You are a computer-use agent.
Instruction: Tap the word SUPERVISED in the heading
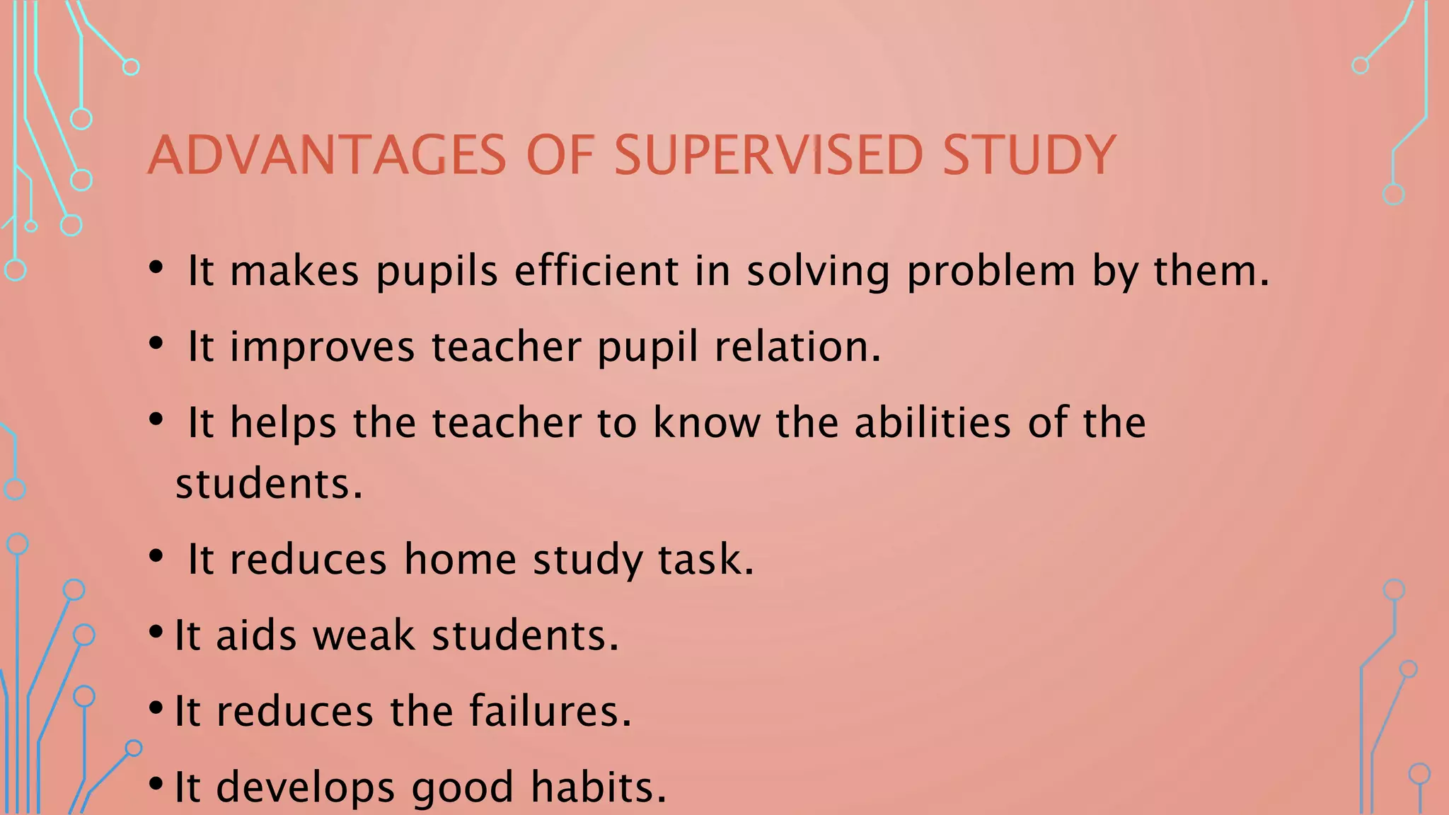coord(768,155)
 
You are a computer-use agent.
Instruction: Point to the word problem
coord(991,272)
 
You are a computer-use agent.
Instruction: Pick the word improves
coord(322,347)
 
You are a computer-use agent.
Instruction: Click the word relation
coord(797,347)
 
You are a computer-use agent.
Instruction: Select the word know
coord(706,422)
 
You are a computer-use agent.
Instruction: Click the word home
coord(460,559)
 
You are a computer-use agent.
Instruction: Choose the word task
coord(706,559)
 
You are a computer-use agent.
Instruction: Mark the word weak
coord(364,635)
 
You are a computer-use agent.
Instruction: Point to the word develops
coord(305,787)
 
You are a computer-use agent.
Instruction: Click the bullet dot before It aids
coord(156,632)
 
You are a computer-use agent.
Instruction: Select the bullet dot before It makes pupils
coord(156,267)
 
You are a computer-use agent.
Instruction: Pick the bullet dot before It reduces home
coord(156,556)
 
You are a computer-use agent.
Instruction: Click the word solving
coord(818,272)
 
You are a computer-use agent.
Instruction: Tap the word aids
coord(256,635)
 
